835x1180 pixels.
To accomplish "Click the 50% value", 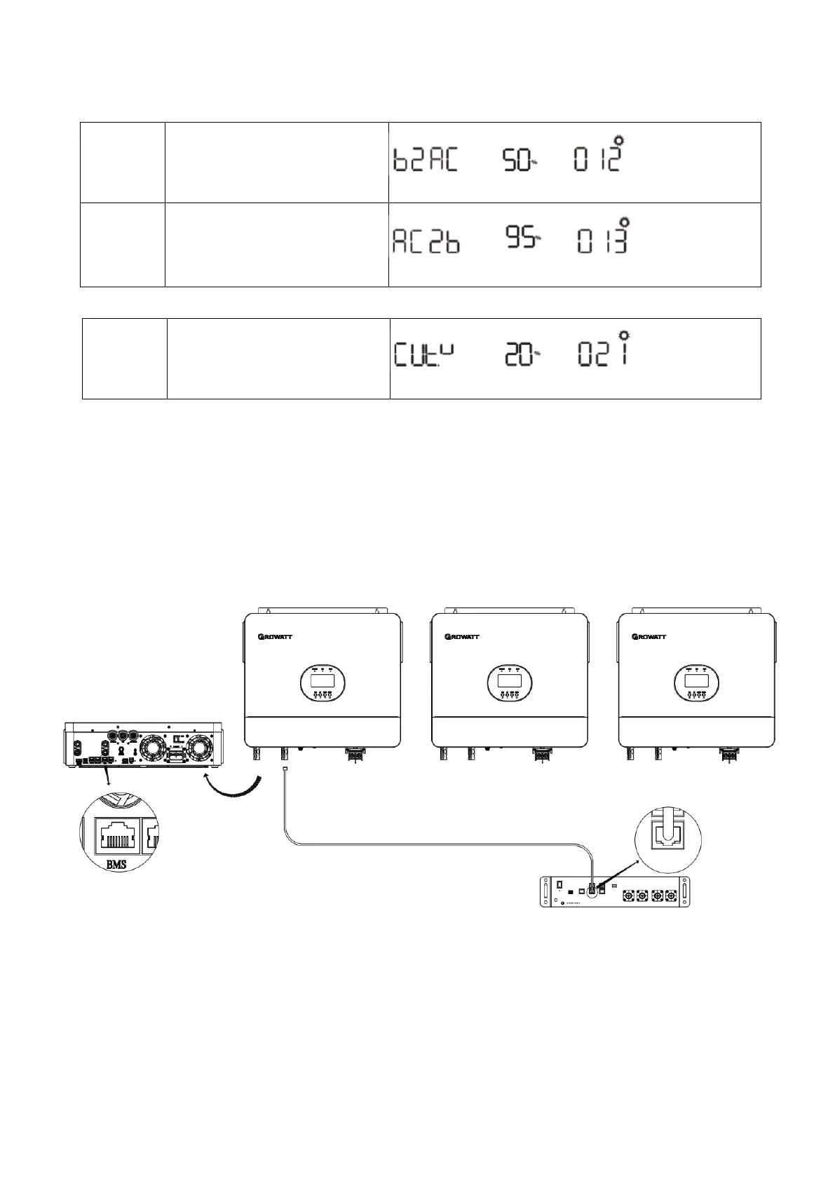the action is pyautogui.click(x=520, y=161).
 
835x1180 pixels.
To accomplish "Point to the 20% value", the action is pyautogui.click(x=523, y=356).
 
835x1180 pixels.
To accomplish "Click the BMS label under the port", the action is pyautogui.click(x=116, y=864).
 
